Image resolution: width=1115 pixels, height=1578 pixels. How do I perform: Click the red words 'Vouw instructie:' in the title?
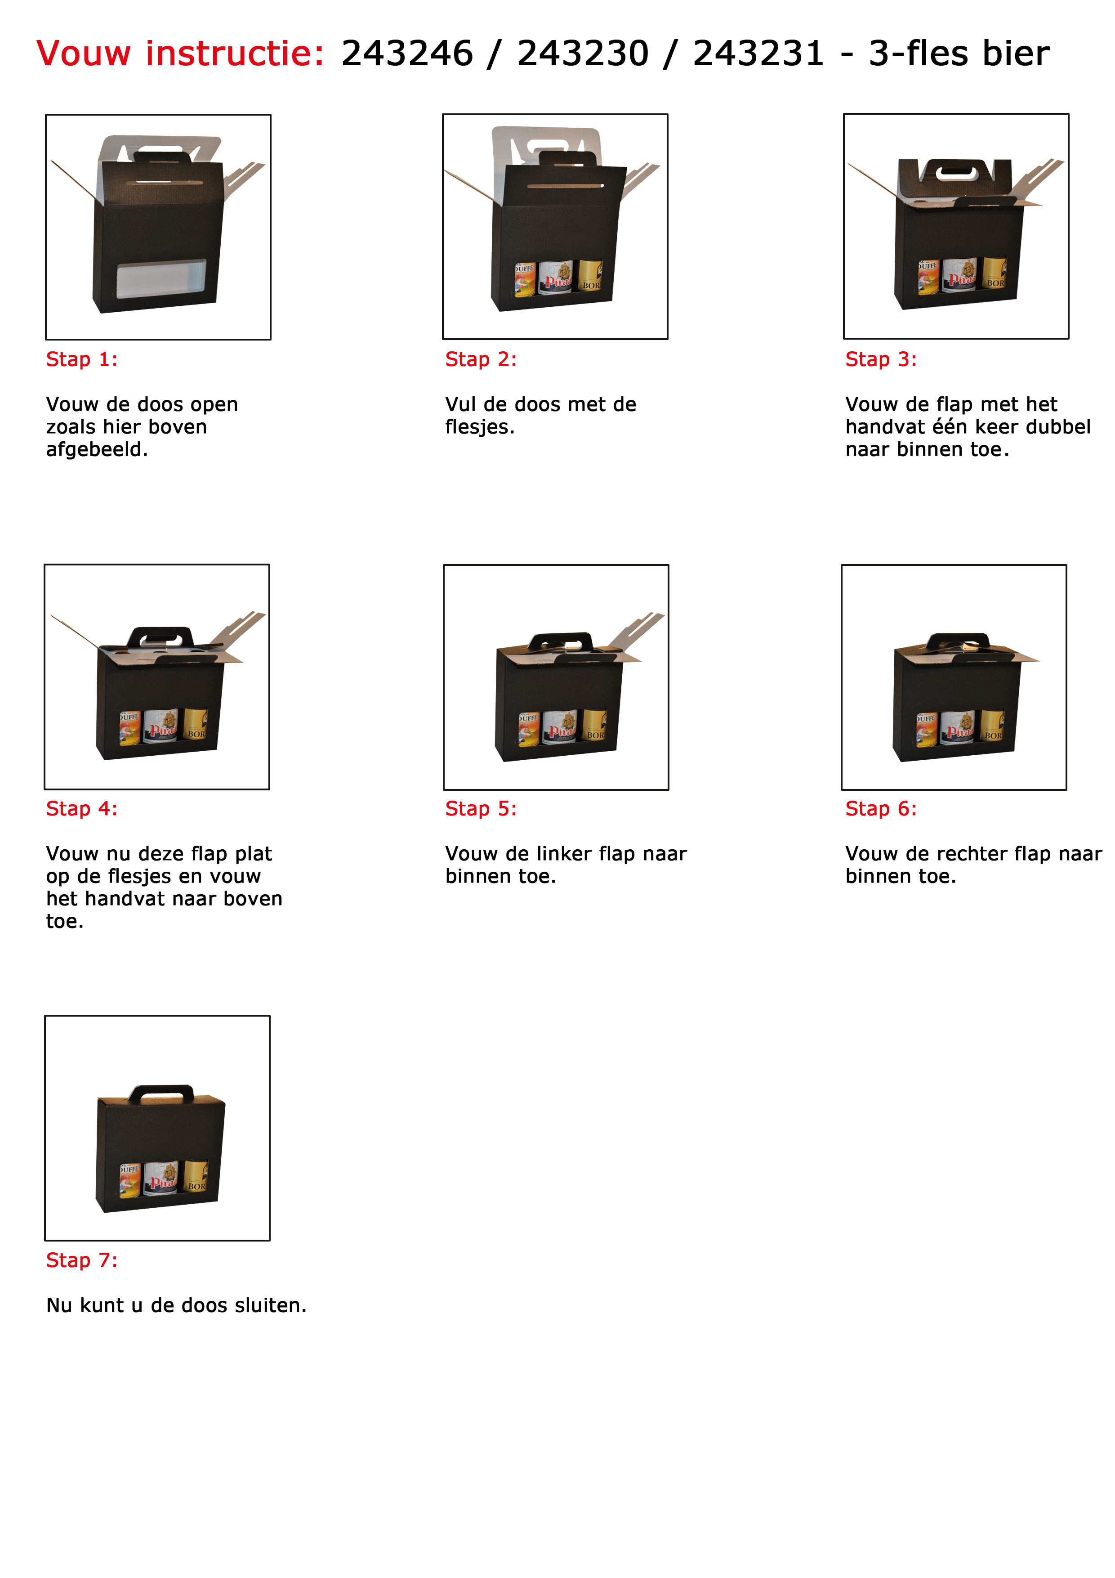[180, 54]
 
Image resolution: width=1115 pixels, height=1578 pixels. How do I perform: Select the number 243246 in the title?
[407, 54]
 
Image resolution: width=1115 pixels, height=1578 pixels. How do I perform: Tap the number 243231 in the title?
[758, 54]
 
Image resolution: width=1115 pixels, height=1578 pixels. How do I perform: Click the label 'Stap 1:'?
[82, 359]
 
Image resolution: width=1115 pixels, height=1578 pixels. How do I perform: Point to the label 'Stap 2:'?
[481, 359]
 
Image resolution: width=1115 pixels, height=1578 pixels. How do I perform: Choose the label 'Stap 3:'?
[881, 359]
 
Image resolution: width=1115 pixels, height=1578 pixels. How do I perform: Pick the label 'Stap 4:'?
[82, 809]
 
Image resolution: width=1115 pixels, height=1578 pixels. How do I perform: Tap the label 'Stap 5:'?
[481, 809]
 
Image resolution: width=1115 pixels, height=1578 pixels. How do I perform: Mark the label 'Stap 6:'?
[881, 809]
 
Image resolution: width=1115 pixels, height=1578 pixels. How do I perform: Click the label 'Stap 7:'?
[82, 1260]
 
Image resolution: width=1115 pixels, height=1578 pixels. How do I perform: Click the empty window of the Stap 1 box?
[161, 278]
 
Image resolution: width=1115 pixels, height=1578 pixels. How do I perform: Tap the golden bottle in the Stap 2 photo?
[590, 276]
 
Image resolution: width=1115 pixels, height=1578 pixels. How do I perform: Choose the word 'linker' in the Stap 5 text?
[561, 854]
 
